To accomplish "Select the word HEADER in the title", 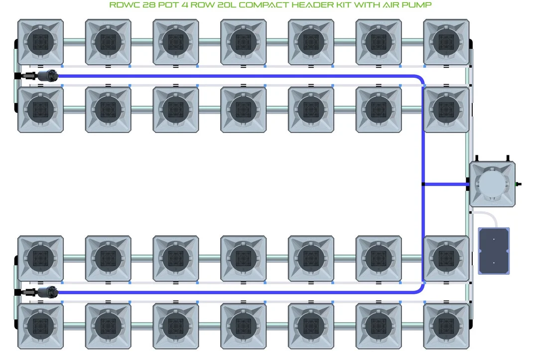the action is tap(313, 5).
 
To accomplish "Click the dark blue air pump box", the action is tap(494, 251).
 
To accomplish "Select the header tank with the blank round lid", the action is tap(492, 184).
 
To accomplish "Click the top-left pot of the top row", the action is tap(40, 42).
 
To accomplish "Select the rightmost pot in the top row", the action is tap(446, 42).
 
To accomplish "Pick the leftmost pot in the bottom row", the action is tap(40, 326).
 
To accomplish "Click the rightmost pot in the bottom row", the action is tap(446, 326).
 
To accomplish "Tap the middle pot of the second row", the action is tap(243, 110).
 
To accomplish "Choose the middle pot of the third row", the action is tap(243, 258).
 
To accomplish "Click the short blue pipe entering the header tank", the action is tap(446, 184).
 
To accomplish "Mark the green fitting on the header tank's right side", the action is tap(518, 184).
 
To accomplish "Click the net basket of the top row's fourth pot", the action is tap(243, 42).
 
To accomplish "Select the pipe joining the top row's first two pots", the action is tap(74, 42).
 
